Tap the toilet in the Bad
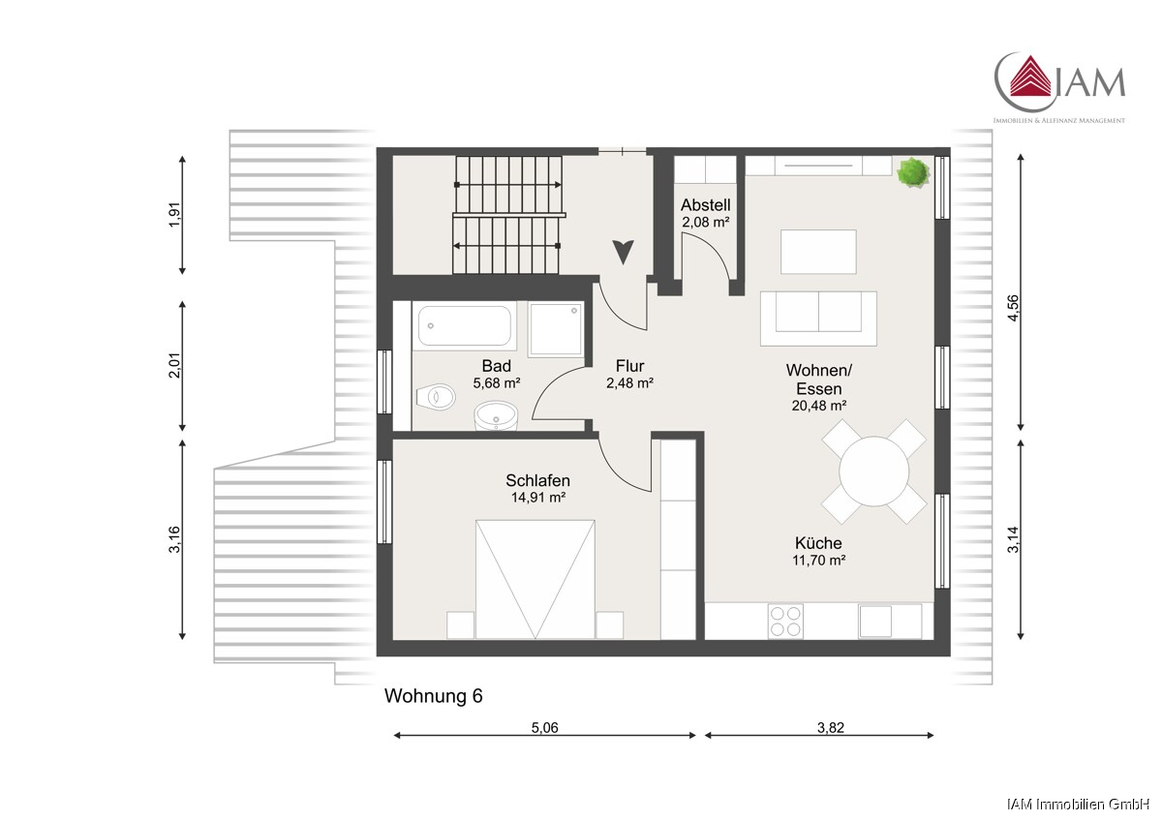(x=436, y=397)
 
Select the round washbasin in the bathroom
(x=496, y=416)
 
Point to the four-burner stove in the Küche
(x=785, y=622)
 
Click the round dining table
(x=874, y=472)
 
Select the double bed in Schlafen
(x=535, y=579)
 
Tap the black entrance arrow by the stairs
(x=623, y=252)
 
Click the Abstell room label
(x=706, y=204)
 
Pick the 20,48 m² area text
(x=819, y=406)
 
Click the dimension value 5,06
(x=544, y=728)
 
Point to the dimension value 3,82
(x=831, y=728)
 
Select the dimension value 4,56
(x=1013, y=308)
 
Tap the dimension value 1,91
(x=175, y=214)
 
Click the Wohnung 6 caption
(x=433, y=696)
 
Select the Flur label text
(x=629, y=366)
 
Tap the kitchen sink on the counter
(x=875, y=622)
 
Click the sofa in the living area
(x=818, y=319)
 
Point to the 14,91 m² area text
(x=538, y=498)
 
